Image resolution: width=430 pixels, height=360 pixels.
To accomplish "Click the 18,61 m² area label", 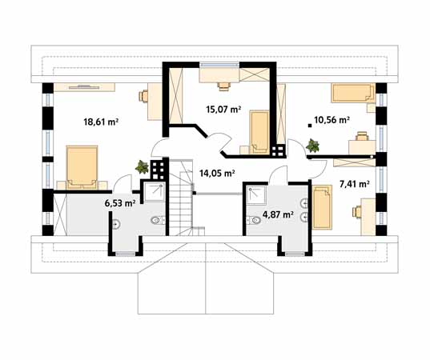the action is [x=101, y=122].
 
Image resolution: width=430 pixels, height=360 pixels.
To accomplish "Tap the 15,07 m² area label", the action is [x=223, y=110].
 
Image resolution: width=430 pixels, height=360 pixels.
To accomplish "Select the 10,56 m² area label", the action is [x=332, y=120].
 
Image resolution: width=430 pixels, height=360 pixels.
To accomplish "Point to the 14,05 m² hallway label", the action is [x=217, y=173].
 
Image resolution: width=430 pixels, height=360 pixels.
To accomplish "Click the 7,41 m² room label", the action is [x=354, y=184].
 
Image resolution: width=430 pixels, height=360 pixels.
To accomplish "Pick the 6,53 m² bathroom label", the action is [x=120, y=203].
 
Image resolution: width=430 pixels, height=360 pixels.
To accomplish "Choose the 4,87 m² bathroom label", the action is [x=279, y=214].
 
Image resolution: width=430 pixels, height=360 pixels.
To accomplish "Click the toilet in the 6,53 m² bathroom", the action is [x=158, y=220].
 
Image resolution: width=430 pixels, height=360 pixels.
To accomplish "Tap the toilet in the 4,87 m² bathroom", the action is [x=253, y=220].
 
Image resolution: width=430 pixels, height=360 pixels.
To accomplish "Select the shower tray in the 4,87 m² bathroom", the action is [x=256, y=195].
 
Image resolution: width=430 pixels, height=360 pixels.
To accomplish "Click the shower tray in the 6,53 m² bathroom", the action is [x=155, y=192].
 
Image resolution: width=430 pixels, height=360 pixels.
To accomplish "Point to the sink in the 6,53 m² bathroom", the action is [x=116, y=224].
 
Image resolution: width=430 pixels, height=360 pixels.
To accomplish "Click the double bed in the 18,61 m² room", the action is [x=82, y=168].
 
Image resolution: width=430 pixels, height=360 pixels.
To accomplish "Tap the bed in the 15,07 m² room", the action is [x=259, y=132].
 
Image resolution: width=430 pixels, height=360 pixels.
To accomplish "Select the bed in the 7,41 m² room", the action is [x=322, y=207].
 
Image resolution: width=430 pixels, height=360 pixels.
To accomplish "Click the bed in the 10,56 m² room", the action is [x=353, y=93].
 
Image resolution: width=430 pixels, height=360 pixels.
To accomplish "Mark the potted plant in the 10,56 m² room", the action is [x=312, y=146].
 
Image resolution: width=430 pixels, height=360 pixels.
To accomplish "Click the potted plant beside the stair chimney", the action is [x=142, y=167].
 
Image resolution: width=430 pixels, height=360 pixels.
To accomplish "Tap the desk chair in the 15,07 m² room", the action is [x=223, y=86].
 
